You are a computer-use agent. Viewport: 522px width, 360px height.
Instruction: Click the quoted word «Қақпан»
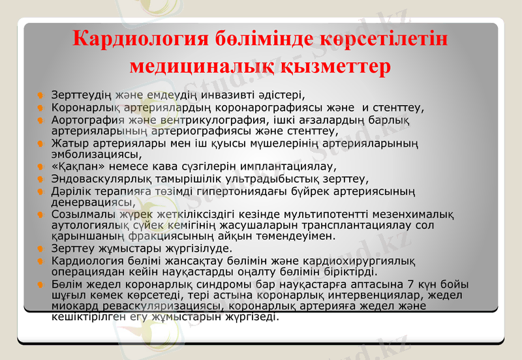pos(74,166)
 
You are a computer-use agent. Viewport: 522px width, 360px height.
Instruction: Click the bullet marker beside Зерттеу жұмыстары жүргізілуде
pos(40,249)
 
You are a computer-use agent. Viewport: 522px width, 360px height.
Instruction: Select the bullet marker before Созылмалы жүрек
pos(40,215)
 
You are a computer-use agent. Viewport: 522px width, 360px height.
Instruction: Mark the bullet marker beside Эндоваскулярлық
pos(40,179)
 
